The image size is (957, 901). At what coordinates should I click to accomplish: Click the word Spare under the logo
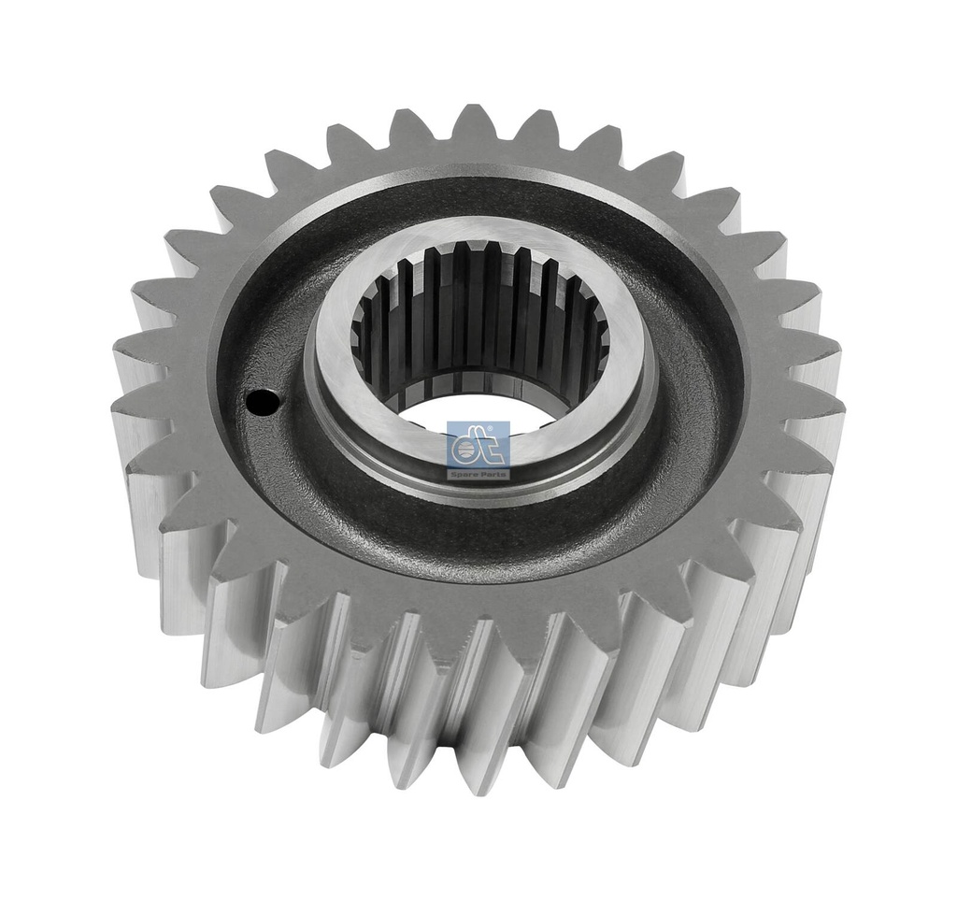tap(466, 474)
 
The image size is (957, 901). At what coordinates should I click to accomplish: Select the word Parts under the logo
tap(493, 474)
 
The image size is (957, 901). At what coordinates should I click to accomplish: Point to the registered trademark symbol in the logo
tap(504, 425)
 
